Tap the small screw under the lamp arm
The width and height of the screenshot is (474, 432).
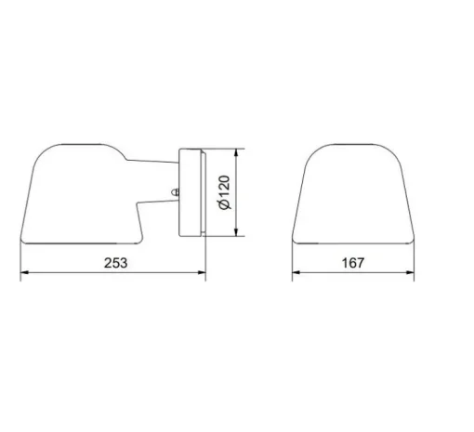(173, 192)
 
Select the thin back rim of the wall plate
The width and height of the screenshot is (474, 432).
(204, 191)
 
